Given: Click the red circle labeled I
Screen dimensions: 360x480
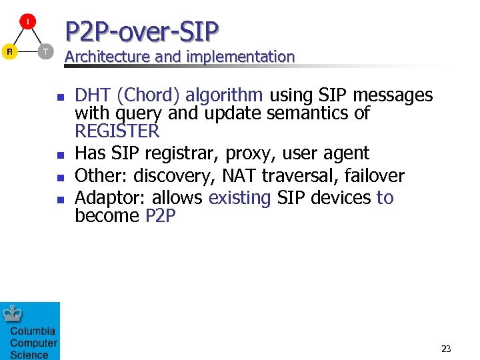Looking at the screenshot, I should coord(27,22).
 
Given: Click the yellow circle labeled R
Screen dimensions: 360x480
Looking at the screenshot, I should coord(10,51).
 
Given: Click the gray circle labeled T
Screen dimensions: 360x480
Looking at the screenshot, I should coord(45,51).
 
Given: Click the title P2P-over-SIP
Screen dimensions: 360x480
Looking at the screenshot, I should coord(142,31).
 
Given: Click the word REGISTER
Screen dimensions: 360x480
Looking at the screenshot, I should coord(117,131).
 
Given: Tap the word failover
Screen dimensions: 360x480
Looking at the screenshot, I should coord(374,176).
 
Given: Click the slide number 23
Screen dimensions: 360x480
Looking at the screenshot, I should coord(446,348).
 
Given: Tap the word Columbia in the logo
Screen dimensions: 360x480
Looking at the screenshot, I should coord(32,331).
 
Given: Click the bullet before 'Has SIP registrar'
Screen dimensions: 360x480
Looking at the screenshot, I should coord(59,155).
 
